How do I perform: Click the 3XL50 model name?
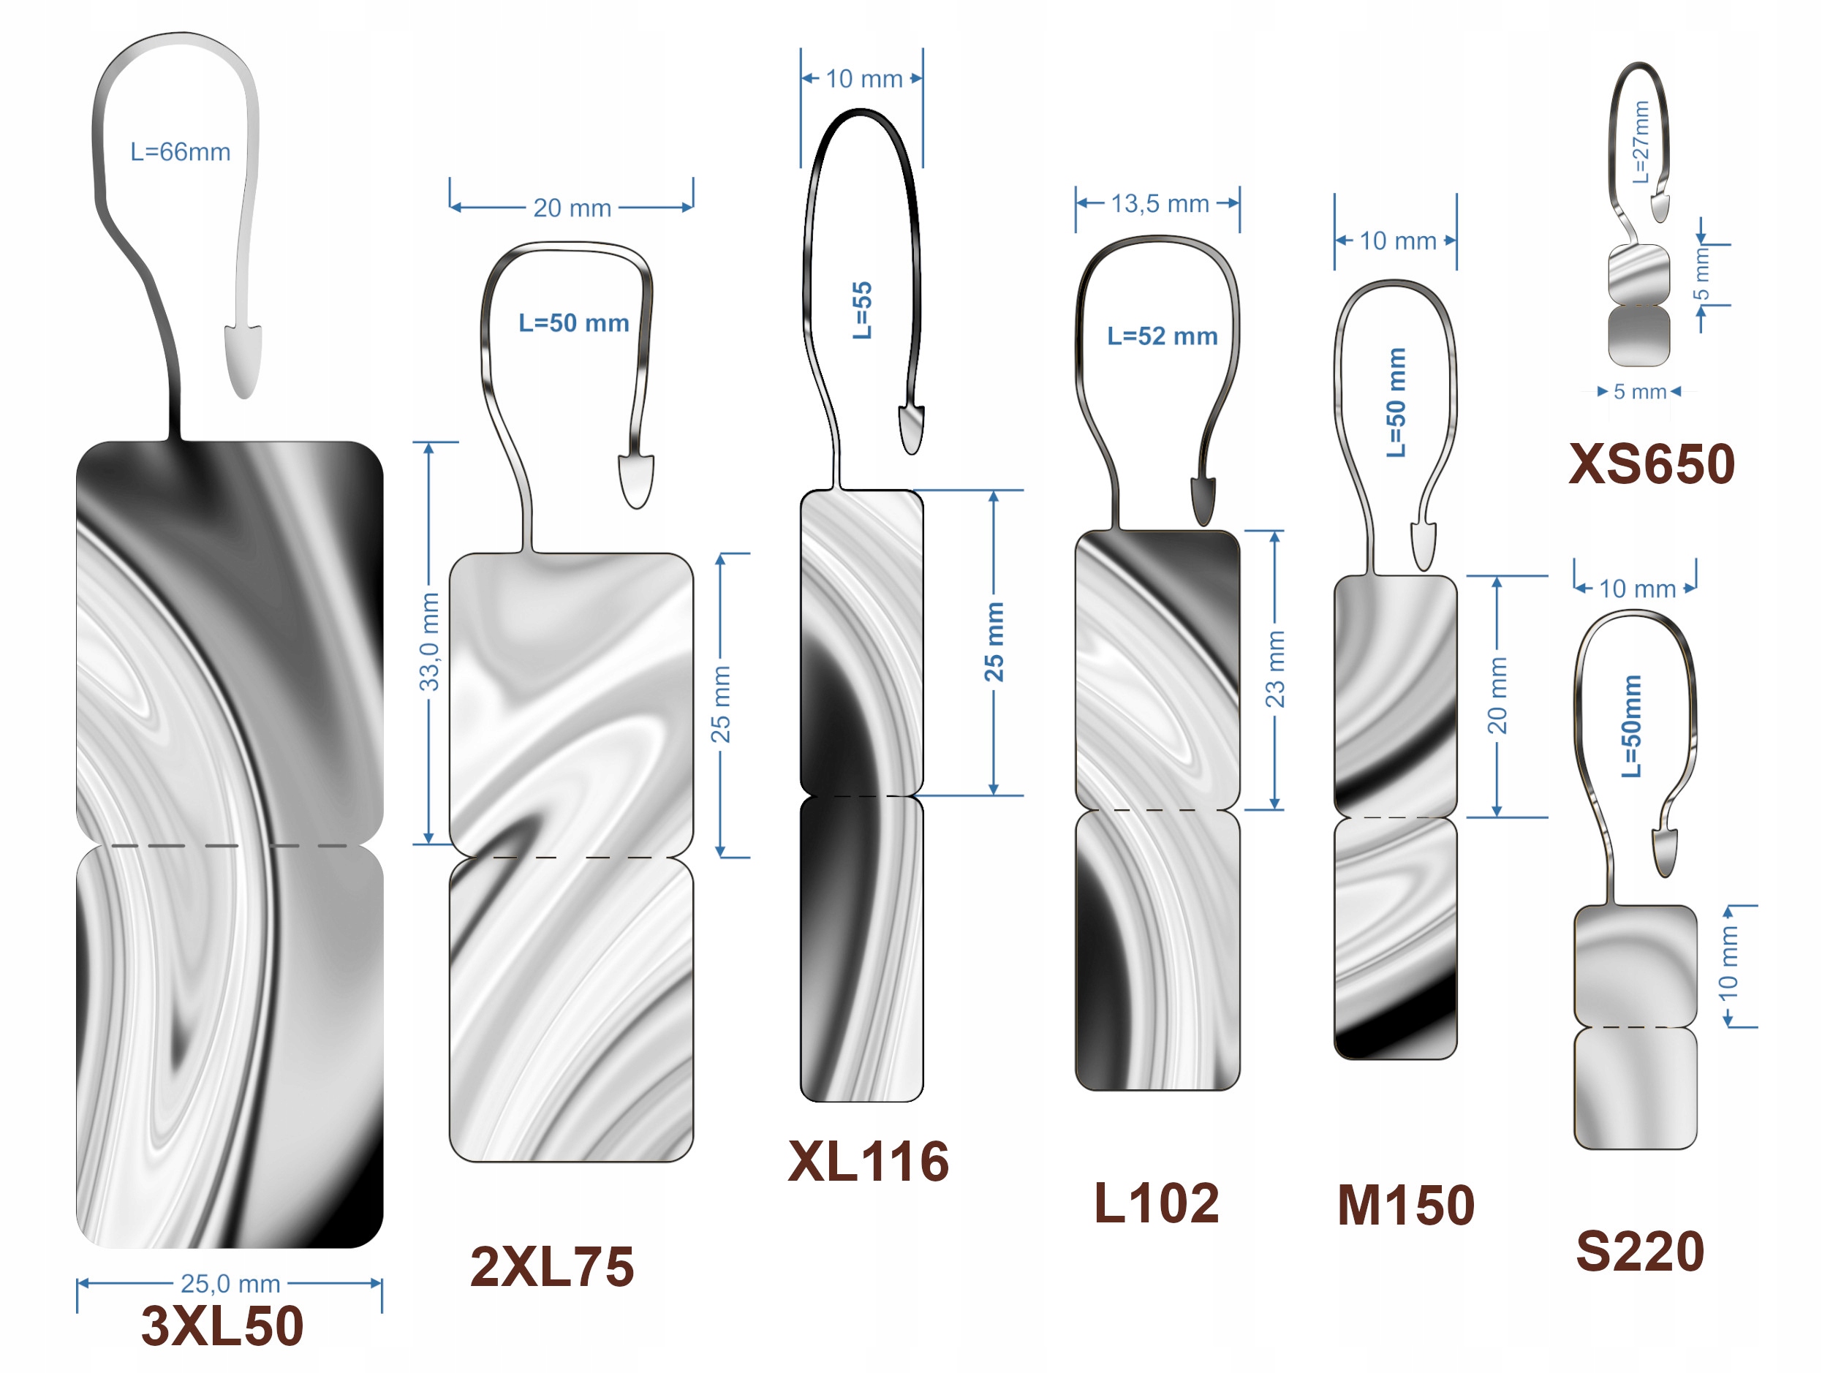point(222,1325)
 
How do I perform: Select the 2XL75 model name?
point(552,1266)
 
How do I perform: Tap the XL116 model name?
point(868,1161)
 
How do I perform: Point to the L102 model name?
point(1157,1203)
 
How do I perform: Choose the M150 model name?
point(1405,1206)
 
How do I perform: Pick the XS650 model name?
point(1652,464)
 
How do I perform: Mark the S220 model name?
point(1640,1251)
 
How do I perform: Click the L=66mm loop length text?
point(181,151)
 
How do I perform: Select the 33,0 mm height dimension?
point(429,643)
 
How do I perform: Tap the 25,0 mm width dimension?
point(230,1283)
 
